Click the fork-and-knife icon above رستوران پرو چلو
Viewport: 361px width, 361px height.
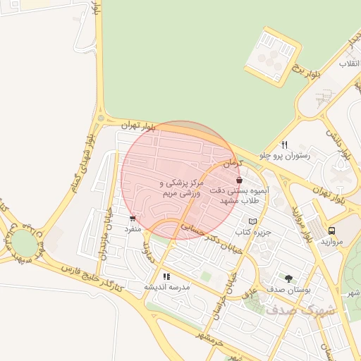point(284,145)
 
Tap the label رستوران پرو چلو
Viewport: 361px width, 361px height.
point(284,155)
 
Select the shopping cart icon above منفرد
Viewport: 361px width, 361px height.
point(133,219)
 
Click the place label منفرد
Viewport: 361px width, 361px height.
point(133,228)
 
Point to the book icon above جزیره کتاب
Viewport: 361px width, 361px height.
point(253,221)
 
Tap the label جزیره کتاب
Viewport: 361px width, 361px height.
point(253,231)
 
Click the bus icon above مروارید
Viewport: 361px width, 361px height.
point(331,230)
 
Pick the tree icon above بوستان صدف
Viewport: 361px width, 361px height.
point(289,279)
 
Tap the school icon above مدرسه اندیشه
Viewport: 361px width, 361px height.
point(167,276)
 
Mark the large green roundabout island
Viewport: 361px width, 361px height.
point(24,244)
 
